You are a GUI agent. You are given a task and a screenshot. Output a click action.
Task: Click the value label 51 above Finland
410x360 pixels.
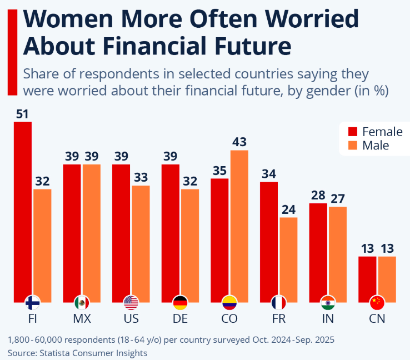point(22,114)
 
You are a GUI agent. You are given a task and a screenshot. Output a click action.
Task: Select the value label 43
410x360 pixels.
point(239,142)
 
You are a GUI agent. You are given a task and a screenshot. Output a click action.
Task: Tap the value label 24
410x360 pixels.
point(288,209)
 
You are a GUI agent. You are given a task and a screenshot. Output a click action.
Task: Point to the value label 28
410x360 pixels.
point(318,196)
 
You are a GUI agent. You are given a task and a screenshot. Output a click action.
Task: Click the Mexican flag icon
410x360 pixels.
point(82,303)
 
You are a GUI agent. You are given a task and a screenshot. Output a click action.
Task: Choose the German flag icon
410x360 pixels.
point(180,303)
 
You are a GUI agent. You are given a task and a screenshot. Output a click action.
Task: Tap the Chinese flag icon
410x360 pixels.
point(377,303)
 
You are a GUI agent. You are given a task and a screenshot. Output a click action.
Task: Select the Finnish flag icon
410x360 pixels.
point(32,303)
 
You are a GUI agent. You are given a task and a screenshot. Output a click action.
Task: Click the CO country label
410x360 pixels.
point(229,319)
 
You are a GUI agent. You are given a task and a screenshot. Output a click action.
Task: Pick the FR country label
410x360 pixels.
point(278,319)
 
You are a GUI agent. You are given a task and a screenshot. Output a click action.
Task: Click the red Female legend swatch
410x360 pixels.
point(352,132)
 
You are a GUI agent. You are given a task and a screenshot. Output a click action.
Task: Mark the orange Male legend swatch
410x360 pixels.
point(352,146)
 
